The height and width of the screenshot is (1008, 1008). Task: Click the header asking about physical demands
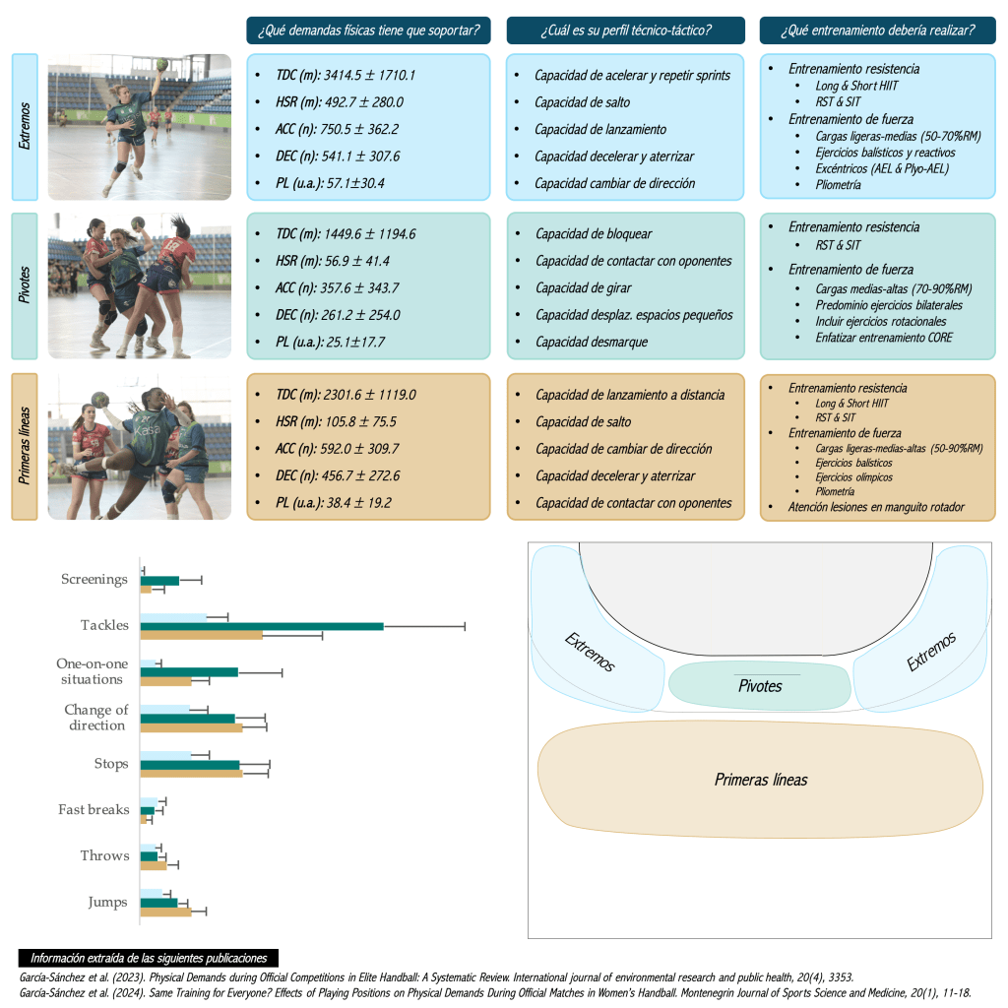click(368, 31)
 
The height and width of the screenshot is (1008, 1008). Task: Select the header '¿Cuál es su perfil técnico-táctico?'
click(625, 31)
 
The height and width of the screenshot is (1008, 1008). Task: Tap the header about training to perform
click(877, 31)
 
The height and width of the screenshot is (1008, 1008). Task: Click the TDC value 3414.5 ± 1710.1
click(346, 75)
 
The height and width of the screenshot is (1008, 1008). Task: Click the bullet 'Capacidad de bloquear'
click(594, 234)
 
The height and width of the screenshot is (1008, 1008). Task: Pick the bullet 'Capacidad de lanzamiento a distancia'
click(630, 395)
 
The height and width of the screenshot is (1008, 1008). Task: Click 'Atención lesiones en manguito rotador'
click(876, 508)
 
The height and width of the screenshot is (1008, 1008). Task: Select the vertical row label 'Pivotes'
click(26, 285)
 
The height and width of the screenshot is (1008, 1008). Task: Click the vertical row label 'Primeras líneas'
click(26, 446)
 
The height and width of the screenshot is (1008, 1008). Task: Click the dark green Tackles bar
click(262, 626)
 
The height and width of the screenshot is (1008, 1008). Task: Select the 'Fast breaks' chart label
click(94, 810)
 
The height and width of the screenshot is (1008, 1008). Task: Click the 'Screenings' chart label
click(94, 580)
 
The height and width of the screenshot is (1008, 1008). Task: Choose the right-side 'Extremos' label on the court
click(931, 653)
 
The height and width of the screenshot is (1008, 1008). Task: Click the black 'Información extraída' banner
click(148, 958)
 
